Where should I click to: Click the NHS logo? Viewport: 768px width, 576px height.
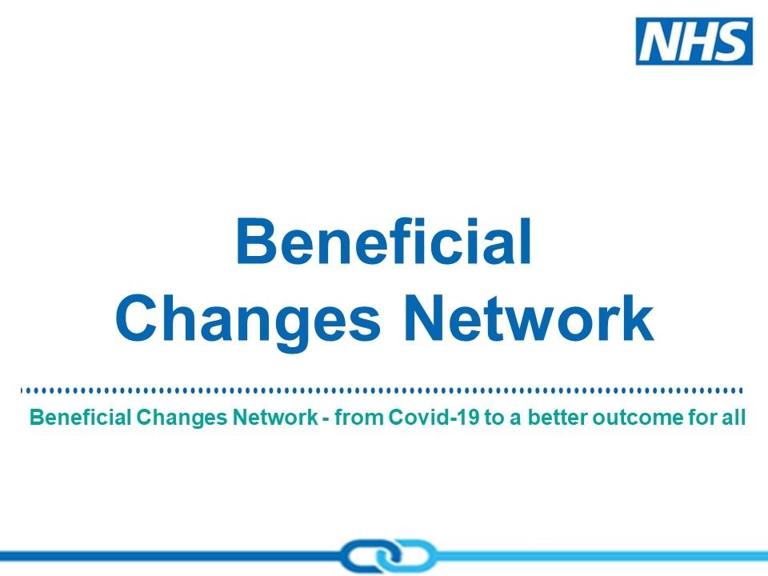[x=694, y=41]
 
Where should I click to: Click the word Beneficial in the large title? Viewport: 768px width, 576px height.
[x=384, y=241]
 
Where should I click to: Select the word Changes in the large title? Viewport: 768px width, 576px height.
[x=248, y=319]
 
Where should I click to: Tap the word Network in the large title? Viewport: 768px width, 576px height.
[x=529, y=318]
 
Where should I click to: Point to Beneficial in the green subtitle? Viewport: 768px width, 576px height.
[x=80, y=418]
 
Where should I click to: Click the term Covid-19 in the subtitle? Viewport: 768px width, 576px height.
[x=434, y=418]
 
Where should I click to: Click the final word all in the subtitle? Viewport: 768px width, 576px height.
[x=734, y=418]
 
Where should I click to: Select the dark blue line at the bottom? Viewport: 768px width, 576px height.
[x=170, y=556]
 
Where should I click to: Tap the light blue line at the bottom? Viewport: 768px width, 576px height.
[x=602, y=556]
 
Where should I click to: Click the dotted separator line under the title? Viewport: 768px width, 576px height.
[x=382, y=390]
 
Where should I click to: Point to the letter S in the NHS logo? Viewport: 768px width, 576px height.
[x=731, y=41]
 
